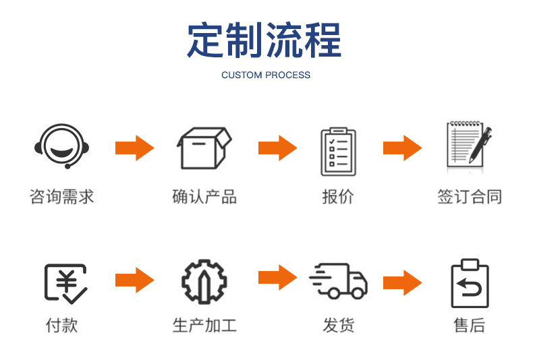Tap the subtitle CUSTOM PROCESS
coord(266,75)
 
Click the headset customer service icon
coord(61,146)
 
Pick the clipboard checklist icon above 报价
coord(338,150)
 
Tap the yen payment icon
coord(65,282)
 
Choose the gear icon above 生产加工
coord(204,281)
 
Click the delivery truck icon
coord(339,281)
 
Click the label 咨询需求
coord(61,197)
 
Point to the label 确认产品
coord(204,197)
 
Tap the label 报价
coord(338,197)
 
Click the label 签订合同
coord(470,197)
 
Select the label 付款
coord(61,326)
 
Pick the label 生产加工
coord(204,326)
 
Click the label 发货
coord(339,326)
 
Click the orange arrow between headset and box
coord(134,148)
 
